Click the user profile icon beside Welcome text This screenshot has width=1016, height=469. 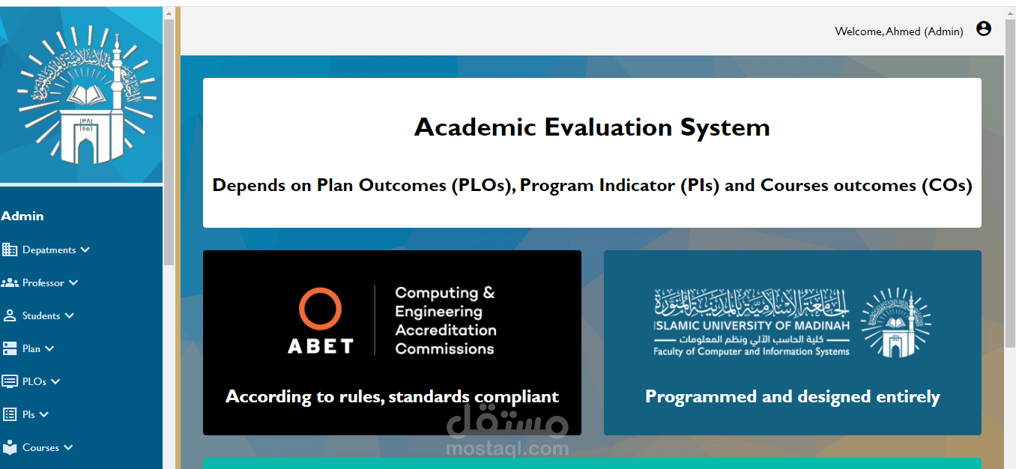coord(983,29)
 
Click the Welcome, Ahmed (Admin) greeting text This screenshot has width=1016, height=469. coord(898,31)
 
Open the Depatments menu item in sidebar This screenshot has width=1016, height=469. coord(49,250)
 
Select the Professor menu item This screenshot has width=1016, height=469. coord(43,283)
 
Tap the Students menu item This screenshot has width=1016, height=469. coord(40,315)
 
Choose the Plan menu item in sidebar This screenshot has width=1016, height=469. coord(31,349)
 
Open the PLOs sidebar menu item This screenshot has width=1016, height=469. coord(34,381)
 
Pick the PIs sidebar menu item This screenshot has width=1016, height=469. coord(28,414)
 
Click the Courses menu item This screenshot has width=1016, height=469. coord(40,448)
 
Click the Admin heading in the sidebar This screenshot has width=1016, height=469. coord(22,216)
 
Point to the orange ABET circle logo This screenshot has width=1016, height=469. coord(320,309)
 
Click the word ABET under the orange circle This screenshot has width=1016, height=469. coord(321,346)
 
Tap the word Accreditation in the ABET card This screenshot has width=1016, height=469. coord(445,330)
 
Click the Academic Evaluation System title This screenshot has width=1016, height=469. coord(592,127)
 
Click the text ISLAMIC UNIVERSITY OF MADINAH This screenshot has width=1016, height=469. coord(752,326)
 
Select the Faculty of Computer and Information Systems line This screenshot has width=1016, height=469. coord(751,351)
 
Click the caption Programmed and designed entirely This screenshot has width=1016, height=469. coord(793,396)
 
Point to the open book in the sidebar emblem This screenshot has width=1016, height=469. coord(86,95)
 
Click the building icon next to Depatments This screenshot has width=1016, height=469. coord(10,249)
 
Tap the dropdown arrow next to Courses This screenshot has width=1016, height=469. coord(68,448)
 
